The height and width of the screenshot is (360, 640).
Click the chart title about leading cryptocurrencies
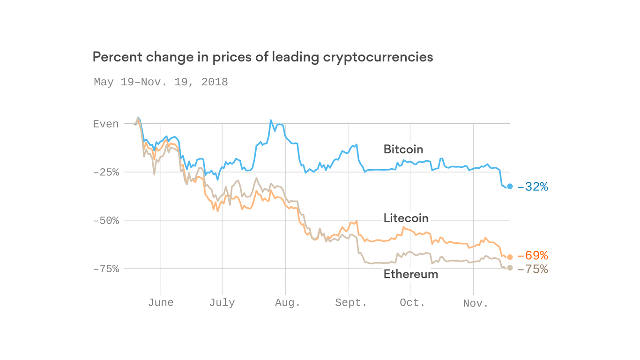click(262, 57)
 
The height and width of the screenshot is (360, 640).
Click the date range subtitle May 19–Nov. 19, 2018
click(161, 82)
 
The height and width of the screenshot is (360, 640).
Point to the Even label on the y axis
click(106, 124)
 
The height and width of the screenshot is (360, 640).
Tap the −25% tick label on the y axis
click(106, 172)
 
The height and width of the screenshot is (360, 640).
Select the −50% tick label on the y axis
click(106, 221)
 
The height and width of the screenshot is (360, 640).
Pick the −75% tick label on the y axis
click(106, 269)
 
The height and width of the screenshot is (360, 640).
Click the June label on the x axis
click(161, 303)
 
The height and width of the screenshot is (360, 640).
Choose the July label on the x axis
click(222, 303)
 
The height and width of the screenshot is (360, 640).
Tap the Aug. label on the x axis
click(288, 303)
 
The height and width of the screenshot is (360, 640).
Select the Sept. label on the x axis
click(351, 303)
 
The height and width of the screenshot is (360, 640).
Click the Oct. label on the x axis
click(412, 303)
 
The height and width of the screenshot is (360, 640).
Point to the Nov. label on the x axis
click(476, 303)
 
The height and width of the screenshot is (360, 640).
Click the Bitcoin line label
click(403, 150)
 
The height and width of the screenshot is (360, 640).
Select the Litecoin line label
click(406, 218)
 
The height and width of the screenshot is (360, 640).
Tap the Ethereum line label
click(410, 274)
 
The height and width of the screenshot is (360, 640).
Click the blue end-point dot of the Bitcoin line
click(510, 187)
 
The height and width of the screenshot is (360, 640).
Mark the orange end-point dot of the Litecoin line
click(510, 257)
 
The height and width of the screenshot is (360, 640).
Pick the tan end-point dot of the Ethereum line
click(510, 268)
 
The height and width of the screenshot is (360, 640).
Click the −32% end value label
click(533, 187)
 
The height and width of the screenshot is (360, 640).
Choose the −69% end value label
click(533, 256)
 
